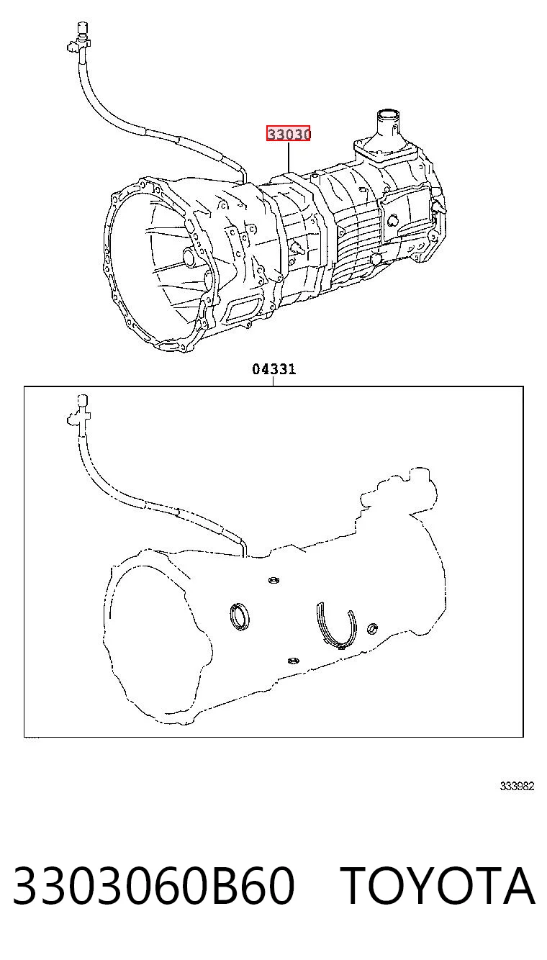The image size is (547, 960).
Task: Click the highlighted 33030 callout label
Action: pyautogui.click(x=288, y=134)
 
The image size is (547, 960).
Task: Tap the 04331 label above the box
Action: pyautogui.click(x=274, y=369)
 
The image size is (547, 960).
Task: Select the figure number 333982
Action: pyautogui.click(x=517, y=786)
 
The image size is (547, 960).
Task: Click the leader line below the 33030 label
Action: pyautogui.click(x=289, y=158)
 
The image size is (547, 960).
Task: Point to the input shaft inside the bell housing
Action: pyautogui.click(x=189, y=257)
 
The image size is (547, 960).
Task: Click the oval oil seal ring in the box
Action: pyautogui.click(x=239, y=617)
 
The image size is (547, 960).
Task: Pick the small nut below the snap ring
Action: pyautogui.click(x=293, y=661)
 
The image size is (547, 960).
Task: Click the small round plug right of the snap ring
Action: pyautogui.click(x=373, y=628)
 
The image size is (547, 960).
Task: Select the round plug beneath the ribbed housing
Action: pyautogui.click(x=375, y=258)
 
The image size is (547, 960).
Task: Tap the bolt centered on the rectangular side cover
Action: pyautogui.click(x=392, y=221)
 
